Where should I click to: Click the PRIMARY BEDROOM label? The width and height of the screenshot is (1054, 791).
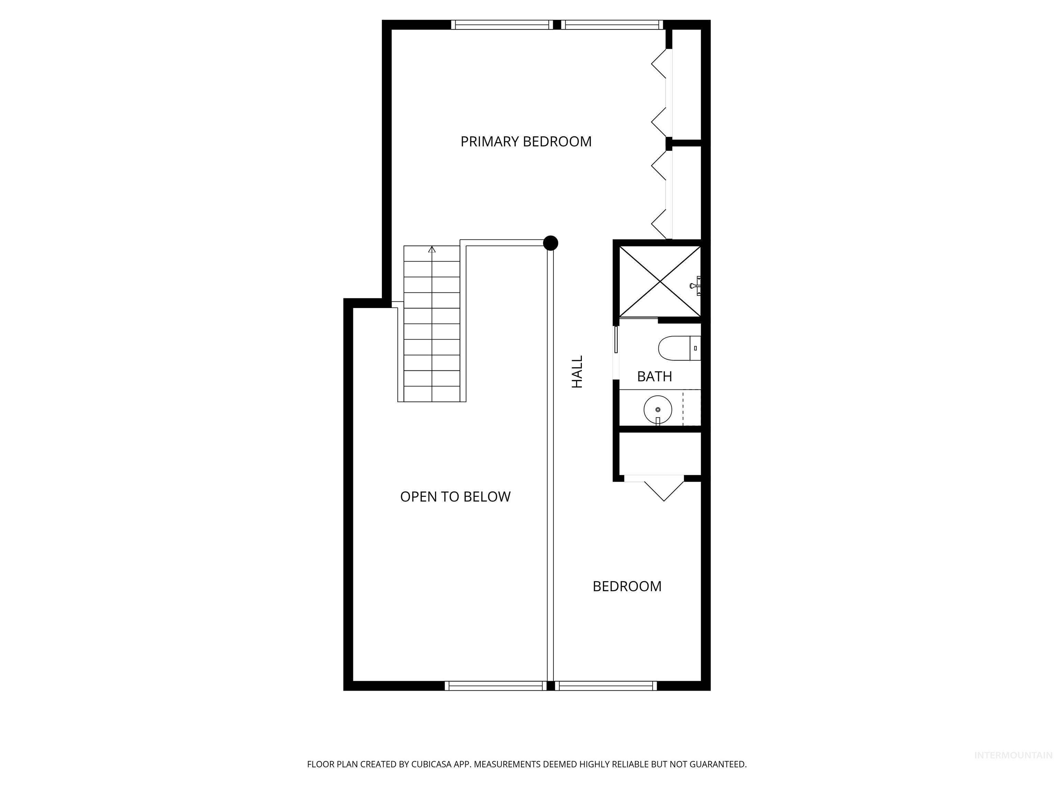click(x=526, y=141)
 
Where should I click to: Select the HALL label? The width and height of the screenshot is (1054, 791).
click(x=577, y=371)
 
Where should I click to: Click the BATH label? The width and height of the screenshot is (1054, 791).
click(x=654, y=377)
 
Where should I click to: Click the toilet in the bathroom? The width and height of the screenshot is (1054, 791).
click(x=679, y=348)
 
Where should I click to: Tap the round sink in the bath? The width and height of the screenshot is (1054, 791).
click(x=658, y=409)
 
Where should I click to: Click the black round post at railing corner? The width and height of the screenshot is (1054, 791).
click(x=550, y=243)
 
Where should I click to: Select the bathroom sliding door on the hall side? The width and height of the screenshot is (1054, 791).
click(x=616, y=340)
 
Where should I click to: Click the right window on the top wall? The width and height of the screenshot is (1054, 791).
click(x=612, y=25)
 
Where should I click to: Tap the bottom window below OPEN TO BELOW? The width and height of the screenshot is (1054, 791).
click(x=495, y=686)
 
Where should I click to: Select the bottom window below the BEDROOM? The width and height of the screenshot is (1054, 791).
click(x=606, y=686)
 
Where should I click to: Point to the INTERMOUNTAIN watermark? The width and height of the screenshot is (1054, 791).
click(x=1012, y=755)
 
